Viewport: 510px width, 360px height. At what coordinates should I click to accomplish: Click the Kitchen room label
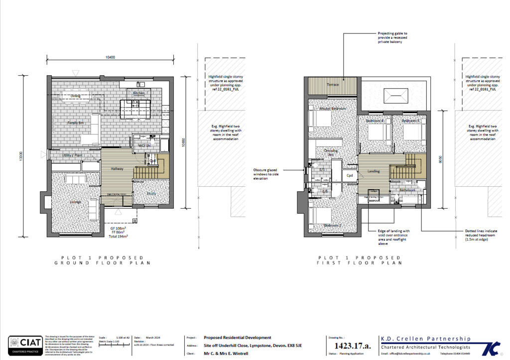click(x=139, y=93)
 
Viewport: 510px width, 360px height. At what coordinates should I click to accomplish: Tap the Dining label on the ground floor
click(x=75, y=96)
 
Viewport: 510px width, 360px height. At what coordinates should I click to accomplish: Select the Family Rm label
click(x=75, y=122)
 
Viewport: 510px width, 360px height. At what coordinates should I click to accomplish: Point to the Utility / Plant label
click(x=71, y=156)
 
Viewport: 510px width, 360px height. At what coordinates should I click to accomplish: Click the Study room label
click(x=151, y=194)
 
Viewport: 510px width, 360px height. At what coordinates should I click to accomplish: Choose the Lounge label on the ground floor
click(x=75, y=201)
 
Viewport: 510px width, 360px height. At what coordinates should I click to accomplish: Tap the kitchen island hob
click(x=133, y=106)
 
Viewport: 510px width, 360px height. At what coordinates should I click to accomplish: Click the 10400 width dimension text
click(x=111, y=58)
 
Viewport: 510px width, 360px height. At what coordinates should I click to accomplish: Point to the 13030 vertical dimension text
click(x=20, y=155)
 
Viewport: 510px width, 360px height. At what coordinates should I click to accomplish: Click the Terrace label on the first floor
click(x=332, y=85)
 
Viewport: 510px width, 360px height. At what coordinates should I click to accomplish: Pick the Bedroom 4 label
click(x=375, y=120)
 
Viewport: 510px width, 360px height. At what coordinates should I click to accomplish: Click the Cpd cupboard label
click(x=350, y=175)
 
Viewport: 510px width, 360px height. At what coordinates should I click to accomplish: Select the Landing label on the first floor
click(x=374, y=172)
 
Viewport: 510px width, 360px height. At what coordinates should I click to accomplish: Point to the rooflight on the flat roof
click(x=396, y=94)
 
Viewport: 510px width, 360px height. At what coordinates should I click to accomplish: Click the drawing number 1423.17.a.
click(x=353, y=346)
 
